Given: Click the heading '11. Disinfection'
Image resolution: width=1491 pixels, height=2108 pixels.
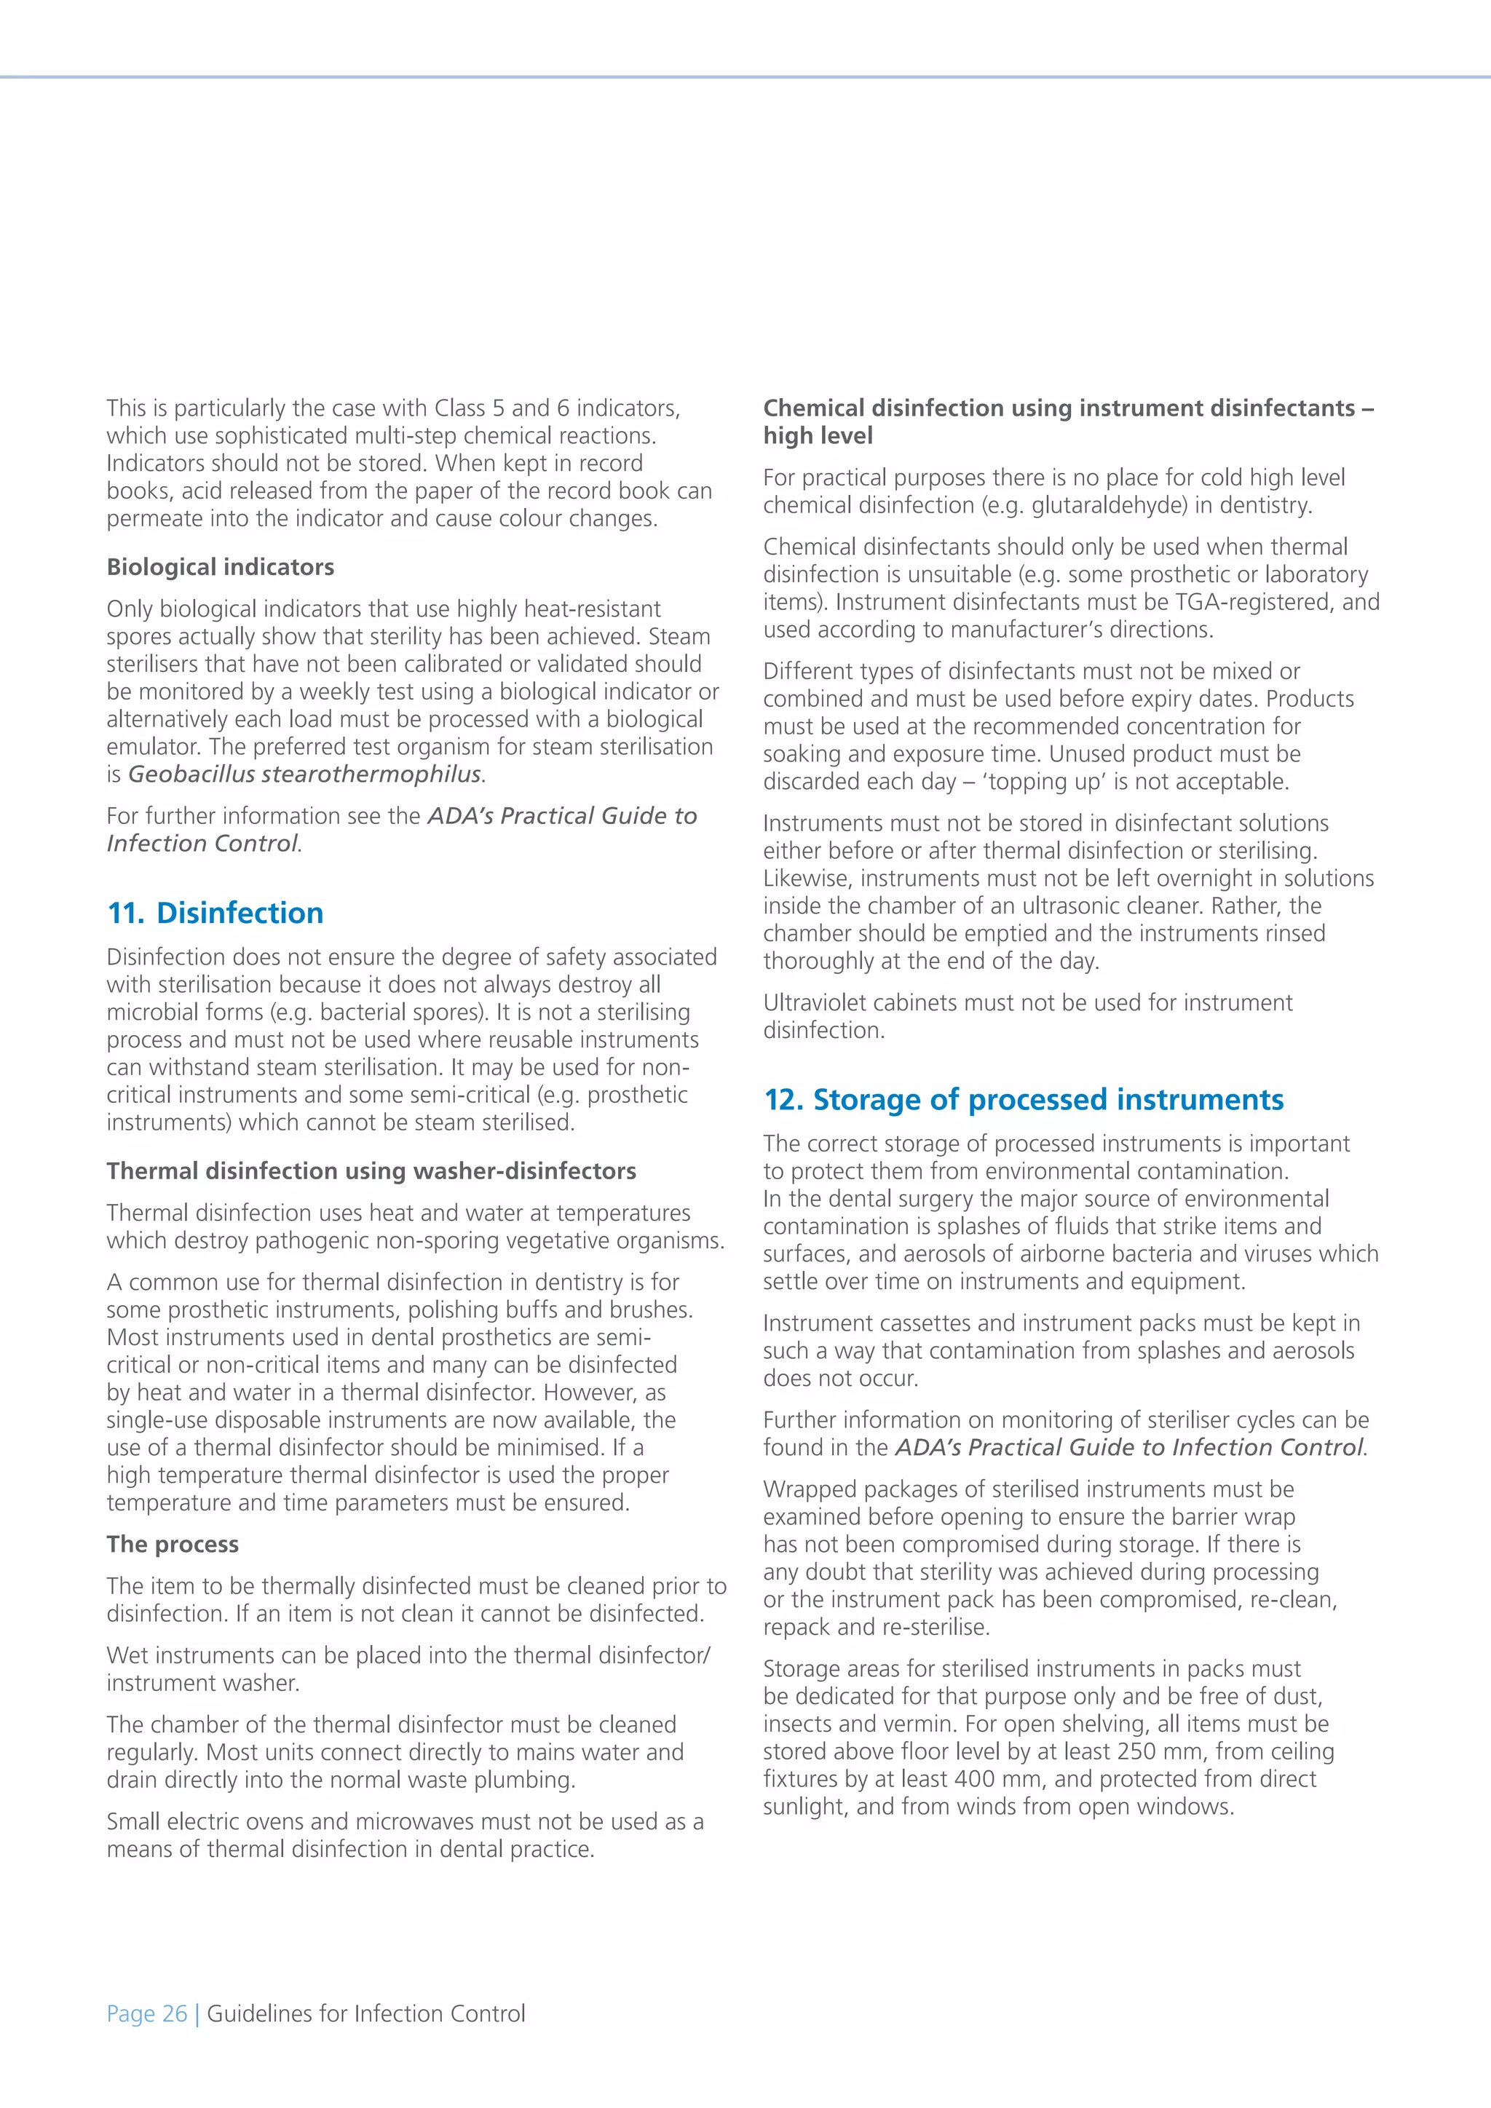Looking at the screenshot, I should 215,913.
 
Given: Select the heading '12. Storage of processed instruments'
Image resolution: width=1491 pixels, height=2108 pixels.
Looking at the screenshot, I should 1023,1099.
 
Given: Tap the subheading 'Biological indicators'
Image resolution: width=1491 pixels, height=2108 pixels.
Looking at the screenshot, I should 221,566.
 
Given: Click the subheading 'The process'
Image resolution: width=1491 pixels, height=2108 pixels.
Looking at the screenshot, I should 173,1545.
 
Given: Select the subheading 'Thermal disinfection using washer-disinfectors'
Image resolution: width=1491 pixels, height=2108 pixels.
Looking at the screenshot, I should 371,1170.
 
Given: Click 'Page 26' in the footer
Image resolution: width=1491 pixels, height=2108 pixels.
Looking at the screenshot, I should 147,2013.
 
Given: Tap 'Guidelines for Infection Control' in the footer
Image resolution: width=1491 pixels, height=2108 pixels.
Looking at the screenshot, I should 366,2013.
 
